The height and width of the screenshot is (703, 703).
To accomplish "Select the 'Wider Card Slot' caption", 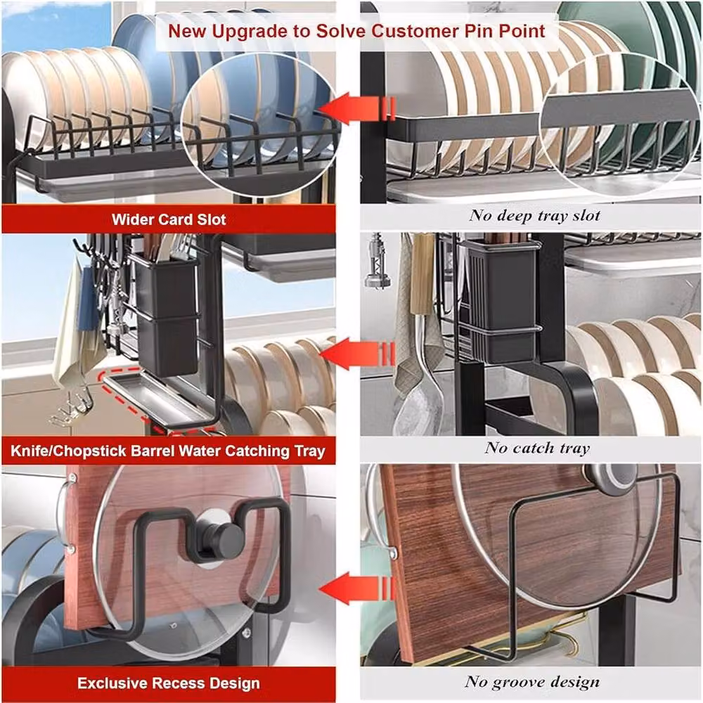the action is [169, 219].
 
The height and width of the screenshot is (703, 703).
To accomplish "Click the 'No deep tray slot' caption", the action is [534, 216].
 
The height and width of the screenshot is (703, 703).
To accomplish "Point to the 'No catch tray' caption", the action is [537, 448].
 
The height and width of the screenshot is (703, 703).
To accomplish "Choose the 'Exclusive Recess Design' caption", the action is [169, 683].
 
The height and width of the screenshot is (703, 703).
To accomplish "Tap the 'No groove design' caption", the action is [532, 682].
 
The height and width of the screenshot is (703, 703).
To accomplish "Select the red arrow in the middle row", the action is [357, 354].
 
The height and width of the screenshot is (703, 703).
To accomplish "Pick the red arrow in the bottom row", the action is [357, 588].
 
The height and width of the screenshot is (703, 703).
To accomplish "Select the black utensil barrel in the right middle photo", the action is [501, 302].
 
